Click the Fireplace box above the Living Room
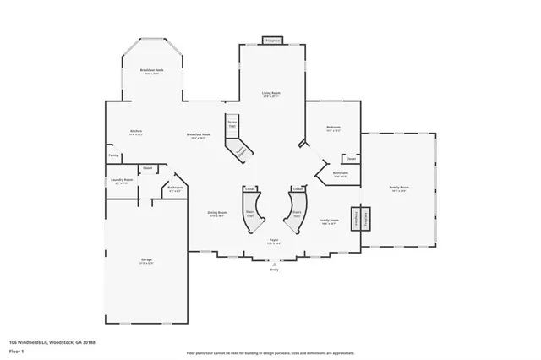[x=271, y=40]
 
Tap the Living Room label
[x=270, y=94]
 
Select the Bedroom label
[x=333, y=128]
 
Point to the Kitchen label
[x=135, y=131]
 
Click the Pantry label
[x=113, y=155]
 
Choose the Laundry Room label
[x=119, y=179]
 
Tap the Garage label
[x=146, y=261]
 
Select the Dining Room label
[x=217, y=212]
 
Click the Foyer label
[x=274, y=241]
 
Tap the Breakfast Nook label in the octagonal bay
[x=152, y=71]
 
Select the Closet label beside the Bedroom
[x=351, y=158]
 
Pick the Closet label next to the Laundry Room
[x=147, y=168]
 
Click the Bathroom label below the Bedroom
[x=340, y=173]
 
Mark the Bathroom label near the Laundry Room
[x=175, y=188]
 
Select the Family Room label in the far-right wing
[x=399, y=187]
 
